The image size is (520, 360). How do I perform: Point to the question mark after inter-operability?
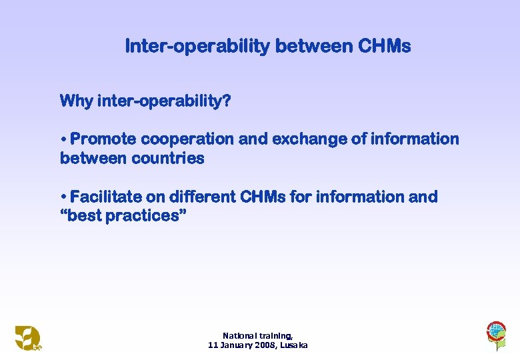click(x=227, y=101)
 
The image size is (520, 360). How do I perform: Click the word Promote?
click(x=103, y=139)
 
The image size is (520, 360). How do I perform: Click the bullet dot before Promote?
click(x=63, y=140)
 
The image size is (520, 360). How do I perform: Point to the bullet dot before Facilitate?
click(x=63, y=197)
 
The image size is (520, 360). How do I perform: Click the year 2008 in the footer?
click(x=266, y=345)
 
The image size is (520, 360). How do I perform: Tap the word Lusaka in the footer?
click(x=294, y=345)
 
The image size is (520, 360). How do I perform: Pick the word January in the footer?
click(x=236, y=345)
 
